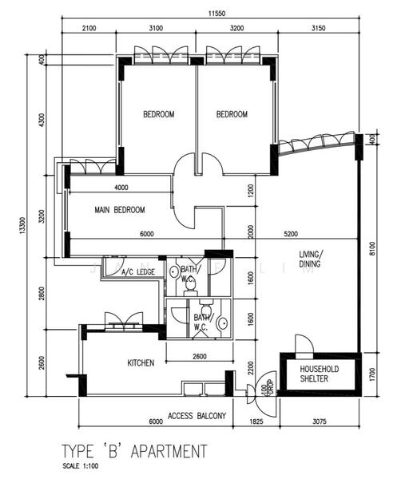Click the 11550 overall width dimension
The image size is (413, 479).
pos(211,14)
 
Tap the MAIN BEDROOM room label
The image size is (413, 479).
pos(120,210)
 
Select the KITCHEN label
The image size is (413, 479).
pos(141,363)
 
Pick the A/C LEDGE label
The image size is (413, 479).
pos(137,273)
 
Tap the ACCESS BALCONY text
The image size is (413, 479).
pos(197,416)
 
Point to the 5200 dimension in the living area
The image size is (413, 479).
pos(290,234)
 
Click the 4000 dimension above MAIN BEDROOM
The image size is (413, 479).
pos(121,188)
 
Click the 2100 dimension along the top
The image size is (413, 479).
pos(89,29)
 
